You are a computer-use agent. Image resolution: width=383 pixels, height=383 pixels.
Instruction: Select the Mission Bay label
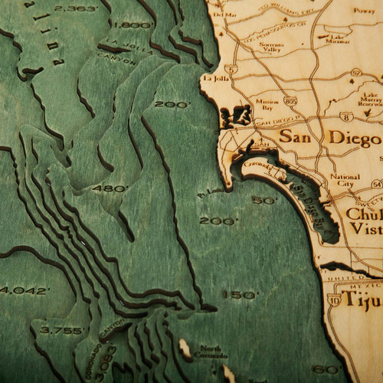[x=267, y=104]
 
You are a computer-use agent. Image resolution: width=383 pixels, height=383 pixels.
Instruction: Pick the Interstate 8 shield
[x=346, y=118]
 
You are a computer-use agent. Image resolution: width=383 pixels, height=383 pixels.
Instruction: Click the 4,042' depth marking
[x=25, y=290]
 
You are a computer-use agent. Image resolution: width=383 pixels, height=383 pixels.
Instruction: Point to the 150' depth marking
[x=237, y=294]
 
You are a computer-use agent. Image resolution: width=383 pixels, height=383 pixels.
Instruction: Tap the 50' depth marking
[x=264, y=201]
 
